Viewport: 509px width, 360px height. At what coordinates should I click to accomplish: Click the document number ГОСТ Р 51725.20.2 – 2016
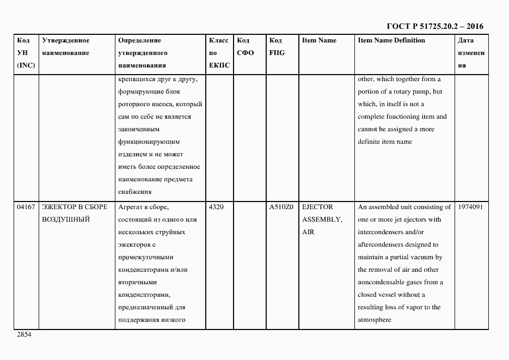pos(434,26)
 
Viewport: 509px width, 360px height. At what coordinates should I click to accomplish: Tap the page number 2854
pos(24,334)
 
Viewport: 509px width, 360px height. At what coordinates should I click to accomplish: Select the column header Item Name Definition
pos(391,40)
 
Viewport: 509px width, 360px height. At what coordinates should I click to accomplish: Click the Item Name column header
pos(319,40)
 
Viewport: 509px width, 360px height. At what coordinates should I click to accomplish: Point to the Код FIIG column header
pos(277,47)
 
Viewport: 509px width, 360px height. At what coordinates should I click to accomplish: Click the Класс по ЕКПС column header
pos(219,53)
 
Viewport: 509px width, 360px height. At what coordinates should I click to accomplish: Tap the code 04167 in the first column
pos(26,207)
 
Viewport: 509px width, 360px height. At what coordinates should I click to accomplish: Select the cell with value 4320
pos(216,207)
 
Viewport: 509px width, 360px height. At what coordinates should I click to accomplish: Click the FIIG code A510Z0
pos(281,207)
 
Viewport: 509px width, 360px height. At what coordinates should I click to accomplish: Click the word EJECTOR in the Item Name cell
pos(317,207)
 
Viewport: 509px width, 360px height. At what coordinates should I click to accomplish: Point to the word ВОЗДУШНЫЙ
pos(65,219)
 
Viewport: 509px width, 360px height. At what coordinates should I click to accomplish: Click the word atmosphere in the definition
pos(374,320)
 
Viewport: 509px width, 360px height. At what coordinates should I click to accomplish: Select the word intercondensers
pos(381,232)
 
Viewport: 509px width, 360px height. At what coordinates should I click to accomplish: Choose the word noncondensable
pos(383,282)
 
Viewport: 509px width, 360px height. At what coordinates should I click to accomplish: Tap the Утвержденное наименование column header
pos(65,47)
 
